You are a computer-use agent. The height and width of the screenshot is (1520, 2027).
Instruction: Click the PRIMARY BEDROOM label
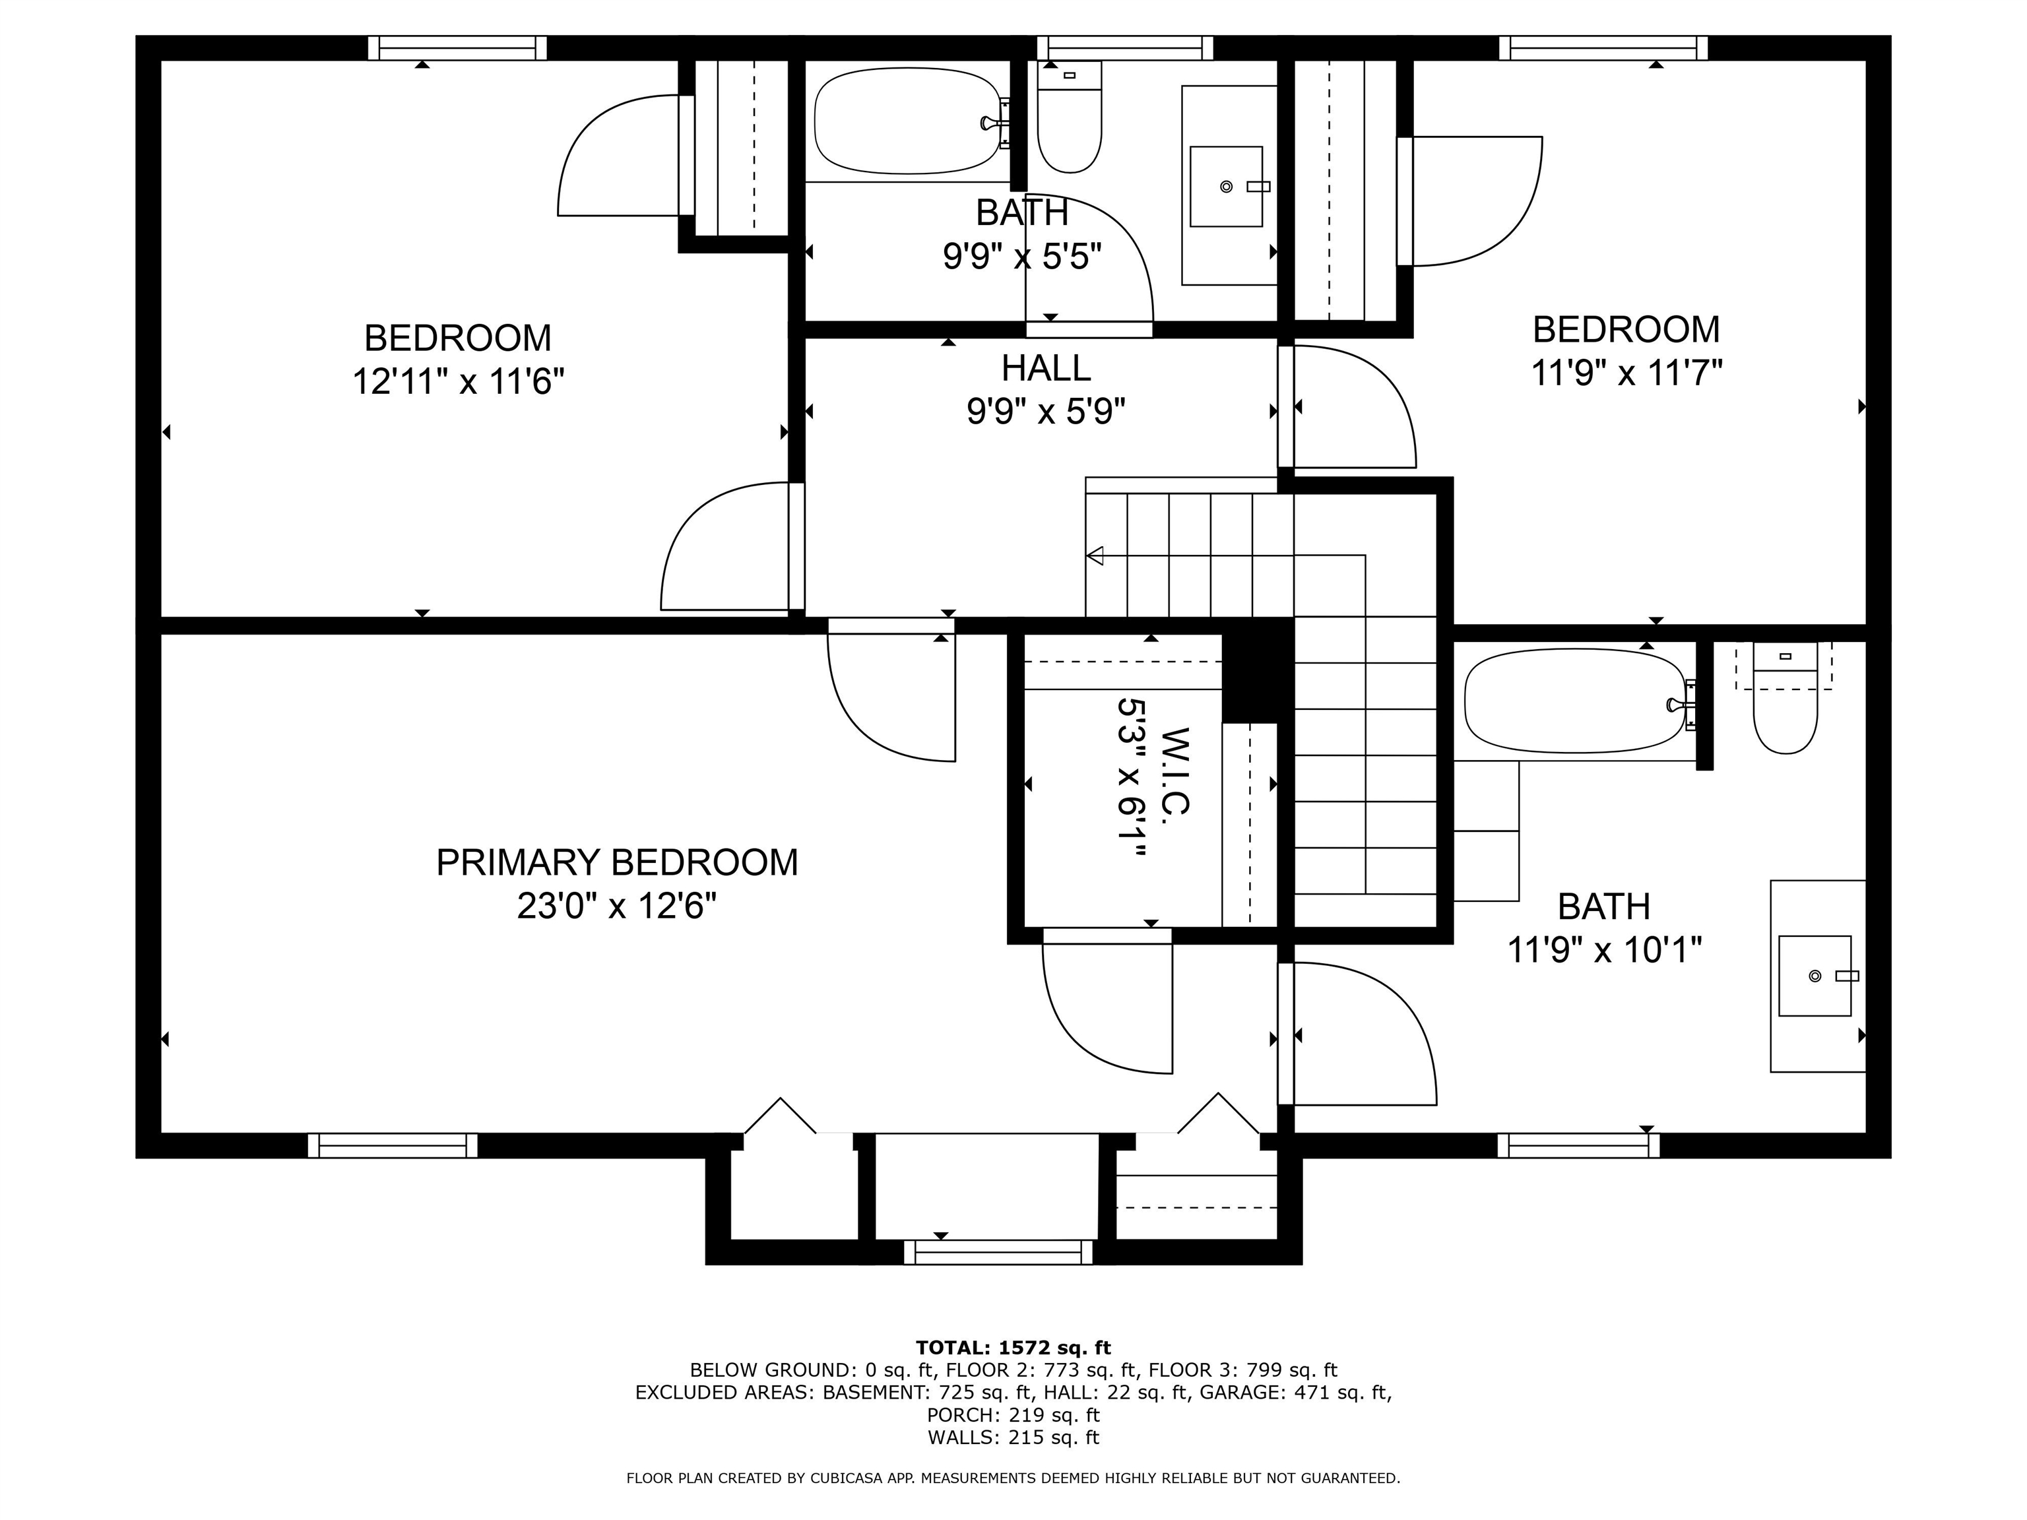(617, 862)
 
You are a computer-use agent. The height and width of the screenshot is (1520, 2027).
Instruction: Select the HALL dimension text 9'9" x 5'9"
(1046, 412)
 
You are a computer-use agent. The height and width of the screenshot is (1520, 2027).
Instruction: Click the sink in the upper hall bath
(1226, 186)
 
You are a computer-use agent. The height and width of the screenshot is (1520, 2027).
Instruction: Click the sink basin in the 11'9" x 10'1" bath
(1815, 976)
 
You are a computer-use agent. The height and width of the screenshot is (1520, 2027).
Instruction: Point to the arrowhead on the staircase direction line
(1094, 555)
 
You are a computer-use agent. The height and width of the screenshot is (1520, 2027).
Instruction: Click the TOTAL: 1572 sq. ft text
(1013, 1348)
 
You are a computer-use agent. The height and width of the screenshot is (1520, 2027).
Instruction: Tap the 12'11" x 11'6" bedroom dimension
(457, 380)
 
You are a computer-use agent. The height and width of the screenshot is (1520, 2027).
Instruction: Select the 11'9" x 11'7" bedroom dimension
(1626, 373)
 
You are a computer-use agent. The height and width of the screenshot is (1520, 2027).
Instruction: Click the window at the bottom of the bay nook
(998, 1252)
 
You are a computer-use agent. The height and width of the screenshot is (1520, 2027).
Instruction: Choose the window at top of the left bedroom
(457, 47)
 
